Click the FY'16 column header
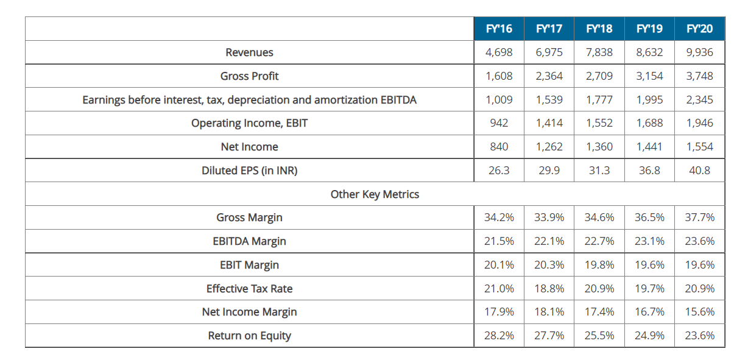coord(499,29)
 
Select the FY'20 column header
coord(699,29)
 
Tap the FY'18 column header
coord(599,29)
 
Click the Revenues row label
coord(249,52)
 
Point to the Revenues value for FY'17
coord(549,52)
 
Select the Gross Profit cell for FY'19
coord(649,76)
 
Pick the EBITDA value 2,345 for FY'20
coord(699,100)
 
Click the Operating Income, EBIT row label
coord(249,123)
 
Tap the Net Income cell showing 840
coord(499,147)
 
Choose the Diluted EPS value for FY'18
coord(599,171)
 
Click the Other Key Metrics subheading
coord(375,194)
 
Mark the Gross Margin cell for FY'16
coord(499,217)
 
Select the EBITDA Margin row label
coord(249,241)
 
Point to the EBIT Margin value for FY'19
coord(649,265)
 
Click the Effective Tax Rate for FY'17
coord(549,289)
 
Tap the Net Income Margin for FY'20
coord(699,312)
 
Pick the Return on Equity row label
coord(249,336)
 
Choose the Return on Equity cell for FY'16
coord(499,336)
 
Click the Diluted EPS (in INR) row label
coord(249,171)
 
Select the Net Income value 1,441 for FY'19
coord(649,147)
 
